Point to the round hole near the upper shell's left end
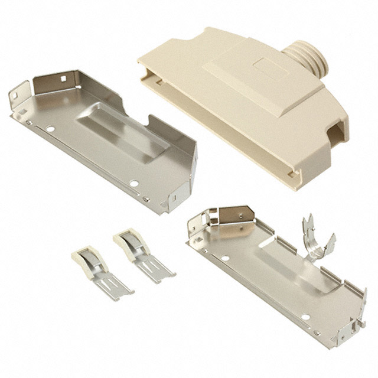click(x=51, y=128)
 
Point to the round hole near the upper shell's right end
click(x=135, y=183)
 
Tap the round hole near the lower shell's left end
click(x=225, y=258)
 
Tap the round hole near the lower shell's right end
click(x=305, y=317)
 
